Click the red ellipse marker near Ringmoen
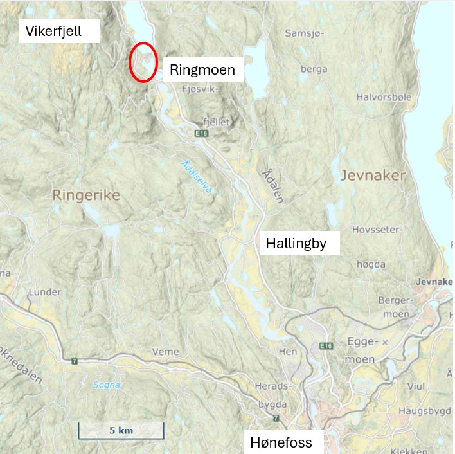point(143,62)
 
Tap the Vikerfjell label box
point(59,31)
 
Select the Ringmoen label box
point(202,69)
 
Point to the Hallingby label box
point(299,243)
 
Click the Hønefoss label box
point(281,442)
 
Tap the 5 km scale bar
point(121,431)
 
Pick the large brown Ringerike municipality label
point(86,195)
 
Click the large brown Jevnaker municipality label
point(374,175)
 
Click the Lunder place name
point(45,293)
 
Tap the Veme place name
point(165,352)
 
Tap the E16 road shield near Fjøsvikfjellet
point(202,132)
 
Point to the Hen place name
point(289,352)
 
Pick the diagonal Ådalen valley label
point(273,186)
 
